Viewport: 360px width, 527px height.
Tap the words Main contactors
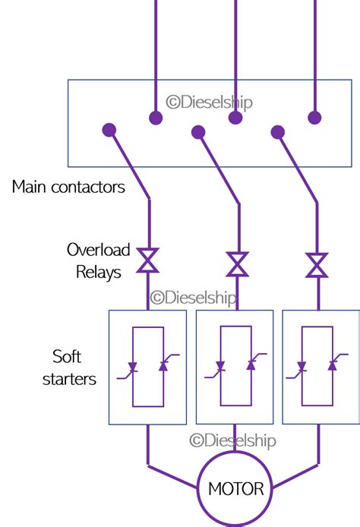click(68, 187)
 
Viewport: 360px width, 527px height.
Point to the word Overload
click(99, 250)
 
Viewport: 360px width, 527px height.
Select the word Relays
click(99, 272)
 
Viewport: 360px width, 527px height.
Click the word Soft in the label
click(67, 356)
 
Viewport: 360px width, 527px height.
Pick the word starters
click(69, 379)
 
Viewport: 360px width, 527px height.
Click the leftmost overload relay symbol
click(147, 260)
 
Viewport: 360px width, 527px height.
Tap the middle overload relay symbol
click(237, 264)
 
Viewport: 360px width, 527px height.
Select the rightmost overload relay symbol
click(317, 265)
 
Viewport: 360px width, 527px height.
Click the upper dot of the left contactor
click(155, 118)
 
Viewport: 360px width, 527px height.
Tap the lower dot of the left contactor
click(109, 130)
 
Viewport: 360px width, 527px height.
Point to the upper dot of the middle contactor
click(235, 118)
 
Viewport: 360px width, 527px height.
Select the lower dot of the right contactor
click(278, 132)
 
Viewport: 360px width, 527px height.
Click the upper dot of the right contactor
click(314, 117)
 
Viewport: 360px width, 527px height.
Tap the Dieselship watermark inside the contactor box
click(209, 103)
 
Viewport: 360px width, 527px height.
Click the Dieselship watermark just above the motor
click(232, 440)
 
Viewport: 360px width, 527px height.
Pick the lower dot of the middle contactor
click(198, 132)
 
